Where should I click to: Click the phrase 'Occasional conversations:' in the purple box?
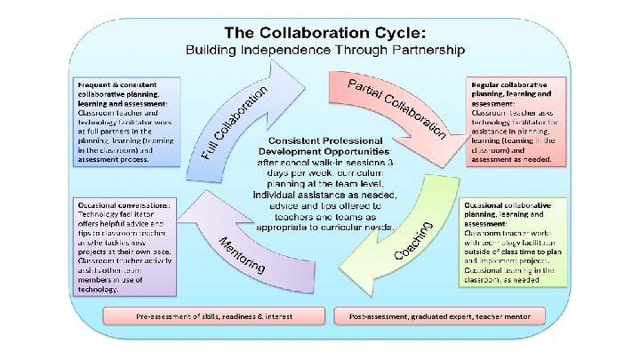[x=124, y=204]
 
